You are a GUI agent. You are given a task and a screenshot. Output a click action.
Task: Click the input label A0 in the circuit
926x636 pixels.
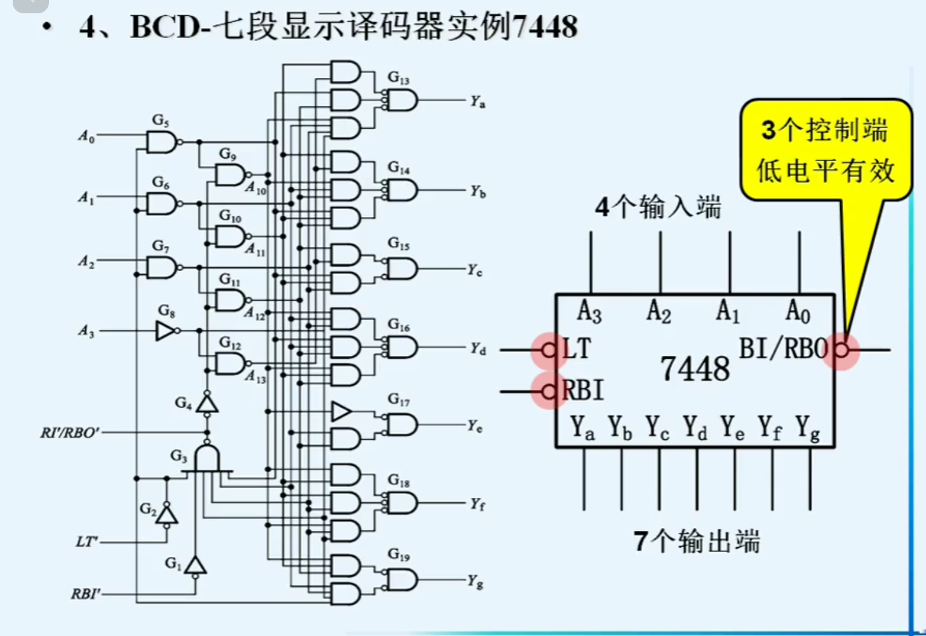86,137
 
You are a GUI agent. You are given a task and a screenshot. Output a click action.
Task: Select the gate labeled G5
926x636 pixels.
161,143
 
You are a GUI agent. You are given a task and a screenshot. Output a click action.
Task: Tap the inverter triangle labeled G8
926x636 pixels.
165,331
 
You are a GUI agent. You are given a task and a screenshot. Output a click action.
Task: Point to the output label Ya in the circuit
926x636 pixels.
478,102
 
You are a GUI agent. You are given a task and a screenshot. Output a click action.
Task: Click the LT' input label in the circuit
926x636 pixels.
87,542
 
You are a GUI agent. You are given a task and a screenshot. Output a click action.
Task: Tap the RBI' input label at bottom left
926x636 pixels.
85,594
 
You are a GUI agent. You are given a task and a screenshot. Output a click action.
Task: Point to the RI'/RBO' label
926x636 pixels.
69,432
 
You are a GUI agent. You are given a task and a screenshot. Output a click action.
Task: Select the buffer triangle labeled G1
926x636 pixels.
195,565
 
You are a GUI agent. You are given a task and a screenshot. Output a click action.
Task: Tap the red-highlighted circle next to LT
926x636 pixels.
548,350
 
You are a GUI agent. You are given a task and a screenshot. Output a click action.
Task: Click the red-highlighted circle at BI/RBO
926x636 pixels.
841,350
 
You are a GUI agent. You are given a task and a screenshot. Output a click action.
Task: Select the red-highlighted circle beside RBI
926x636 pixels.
548,392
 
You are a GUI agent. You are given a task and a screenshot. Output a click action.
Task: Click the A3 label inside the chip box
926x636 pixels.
589,312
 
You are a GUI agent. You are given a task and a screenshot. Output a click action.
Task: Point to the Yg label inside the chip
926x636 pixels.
808,428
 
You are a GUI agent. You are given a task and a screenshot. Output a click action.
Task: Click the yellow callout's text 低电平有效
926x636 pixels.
825,171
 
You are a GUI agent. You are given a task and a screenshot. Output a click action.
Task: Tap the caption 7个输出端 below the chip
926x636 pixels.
696,541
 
